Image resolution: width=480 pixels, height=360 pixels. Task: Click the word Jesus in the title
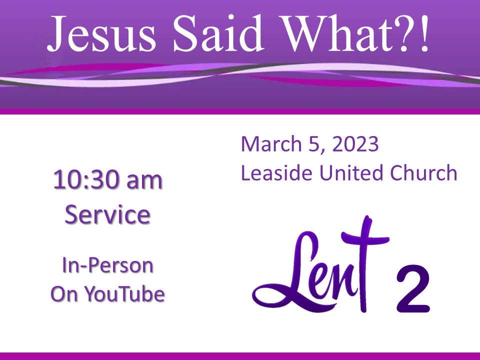(101, 33)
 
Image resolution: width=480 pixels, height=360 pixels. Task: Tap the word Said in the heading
(218, 33)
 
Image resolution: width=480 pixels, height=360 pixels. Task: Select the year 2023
(355, 144)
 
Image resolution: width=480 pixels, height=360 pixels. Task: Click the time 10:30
(85, 180)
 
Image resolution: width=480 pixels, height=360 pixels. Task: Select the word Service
(107, 214)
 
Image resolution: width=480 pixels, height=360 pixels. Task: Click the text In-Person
(107, 265)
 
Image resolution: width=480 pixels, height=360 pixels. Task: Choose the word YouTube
(124, 293)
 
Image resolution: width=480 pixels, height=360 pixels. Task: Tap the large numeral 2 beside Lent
(413, 289)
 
